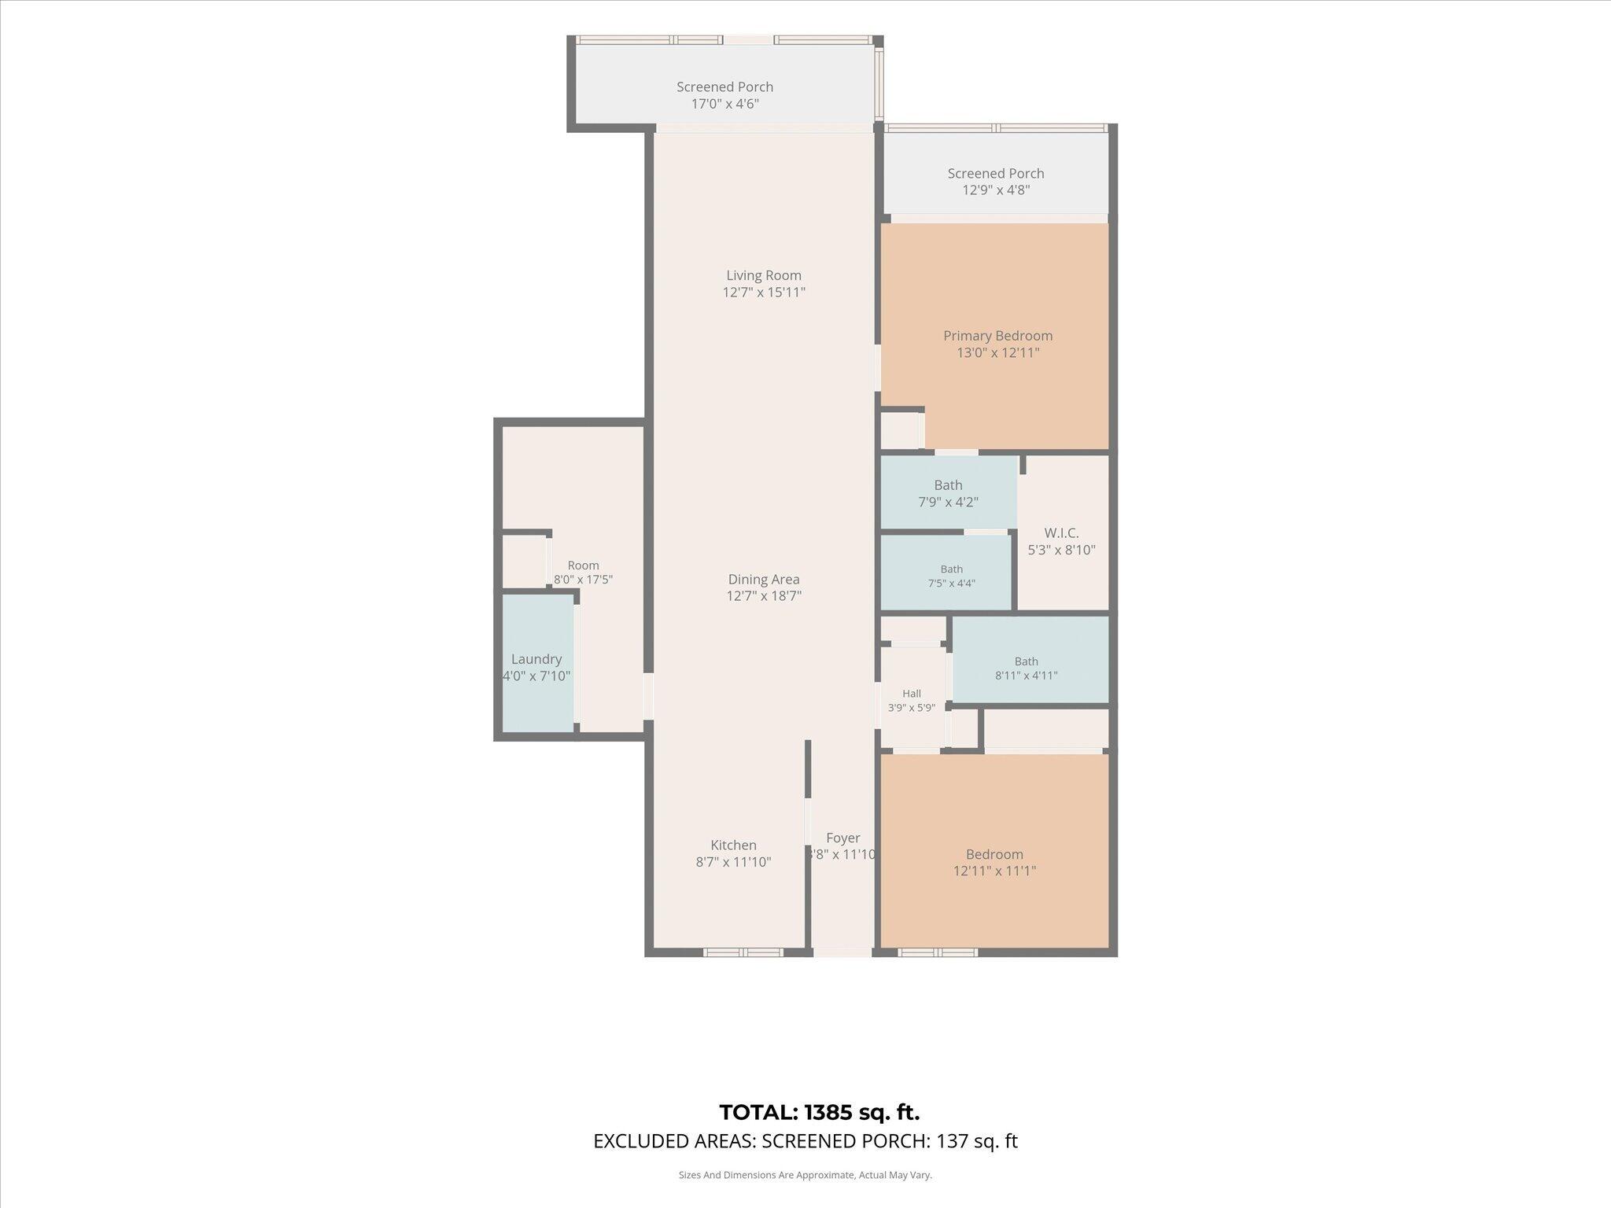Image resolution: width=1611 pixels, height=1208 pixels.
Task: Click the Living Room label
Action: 764,275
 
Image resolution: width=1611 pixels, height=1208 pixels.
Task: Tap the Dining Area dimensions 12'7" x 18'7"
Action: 764,596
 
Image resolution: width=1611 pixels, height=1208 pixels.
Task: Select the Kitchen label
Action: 733,845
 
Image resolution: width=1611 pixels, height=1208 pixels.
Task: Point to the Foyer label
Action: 843,838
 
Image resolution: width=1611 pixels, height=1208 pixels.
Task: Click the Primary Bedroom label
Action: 998,336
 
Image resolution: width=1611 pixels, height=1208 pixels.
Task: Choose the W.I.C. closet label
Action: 1062,533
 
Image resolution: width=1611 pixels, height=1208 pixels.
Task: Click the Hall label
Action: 912,694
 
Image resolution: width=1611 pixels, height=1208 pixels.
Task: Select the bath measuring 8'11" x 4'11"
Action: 1030,659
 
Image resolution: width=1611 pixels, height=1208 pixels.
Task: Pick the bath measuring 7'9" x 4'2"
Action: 949,492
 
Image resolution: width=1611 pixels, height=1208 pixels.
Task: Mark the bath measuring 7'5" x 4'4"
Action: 946,572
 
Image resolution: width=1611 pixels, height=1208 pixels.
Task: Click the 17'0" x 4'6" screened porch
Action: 725,84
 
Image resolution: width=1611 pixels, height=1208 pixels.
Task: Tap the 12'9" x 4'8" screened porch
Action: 996,173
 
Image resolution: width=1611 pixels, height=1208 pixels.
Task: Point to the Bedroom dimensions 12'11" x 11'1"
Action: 995,871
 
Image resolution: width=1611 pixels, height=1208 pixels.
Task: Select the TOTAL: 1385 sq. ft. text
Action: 819,1112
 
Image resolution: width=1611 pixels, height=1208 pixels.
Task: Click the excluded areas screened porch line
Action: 805,1141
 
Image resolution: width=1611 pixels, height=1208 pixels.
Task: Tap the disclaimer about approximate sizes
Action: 805,1175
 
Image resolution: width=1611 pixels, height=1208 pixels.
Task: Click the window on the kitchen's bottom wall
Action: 743,952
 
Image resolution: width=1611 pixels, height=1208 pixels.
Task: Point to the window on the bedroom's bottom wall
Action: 938,952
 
